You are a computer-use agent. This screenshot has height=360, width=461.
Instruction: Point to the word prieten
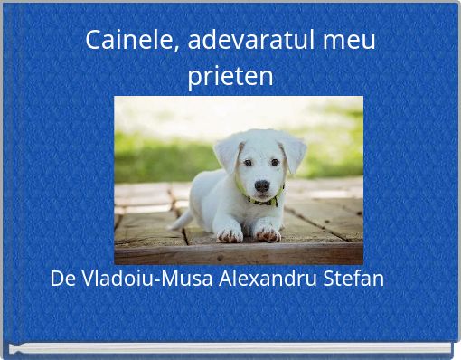pyautogui.click(x=230, y=76)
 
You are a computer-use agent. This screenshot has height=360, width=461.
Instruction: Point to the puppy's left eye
pyautogui.click(x=247, y=163)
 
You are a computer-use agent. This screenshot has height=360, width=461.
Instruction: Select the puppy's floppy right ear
pyautogui.click(x=295, y=152)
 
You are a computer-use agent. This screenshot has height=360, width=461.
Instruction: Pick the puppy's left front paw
pyautogui.click(x=230, y=234)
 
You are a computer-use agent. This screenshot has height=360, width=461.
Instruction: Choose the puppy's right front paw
pyautogui.click(x=267, y=233)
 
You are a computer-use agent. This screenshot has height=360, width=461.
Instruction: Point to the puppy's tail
pyautogui.click(x=180, y=219)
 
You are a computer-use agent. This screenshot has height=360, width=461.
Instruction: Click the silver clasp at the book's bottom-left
pyautogui.click(x=15, y=348)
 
